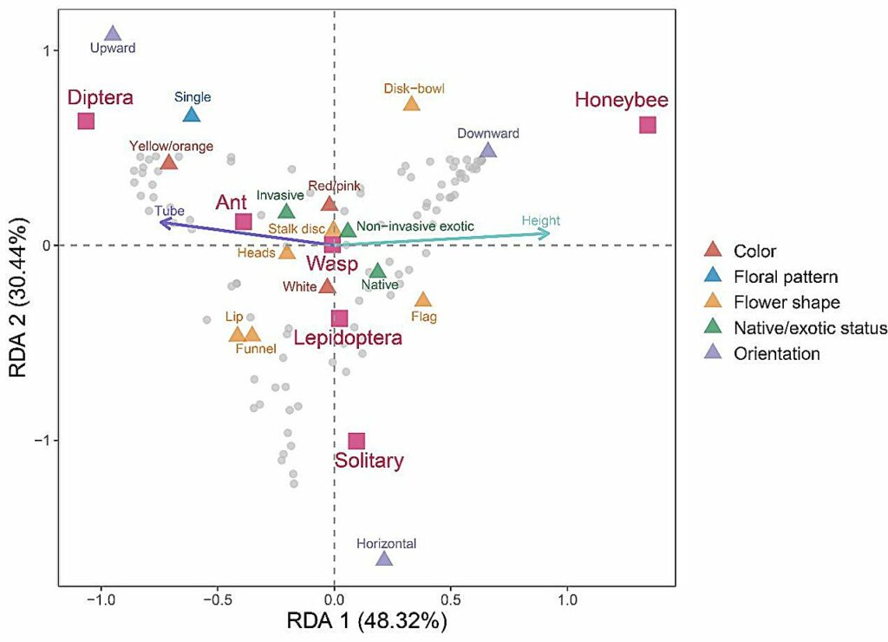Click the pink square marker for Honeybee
(648, 125)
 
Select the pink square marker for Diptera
(85, 121)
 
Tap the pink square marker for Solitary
(356, 442)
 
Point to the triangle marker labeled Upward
(112, 34)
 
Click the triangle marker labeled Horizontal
(383, 559)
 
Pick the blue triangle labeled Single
(192, 115)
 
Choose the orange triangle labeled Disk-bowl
(411, 104)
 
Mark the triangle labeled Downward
(488, 151)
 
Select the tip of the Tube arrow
(160, 222)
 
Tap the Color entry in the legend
(754, 252)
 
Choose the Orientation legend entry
(776, 353)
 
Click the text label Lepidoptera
(347, 338)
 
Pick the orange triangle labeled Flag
(423, 300)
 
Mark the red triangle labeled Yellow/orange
(168, 162)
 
